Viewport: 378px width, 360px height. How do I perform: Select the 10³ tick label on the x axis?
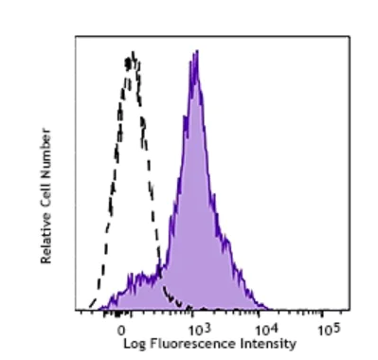(x=193, y=329)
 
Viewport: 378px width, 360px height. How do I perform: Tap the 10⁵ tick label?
(x=328, y=329)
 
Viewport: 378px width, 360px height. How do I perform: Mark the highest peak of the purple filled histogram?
(x=194, y=53)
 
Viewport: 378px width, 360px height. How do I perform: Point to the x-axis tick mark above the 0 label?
(x=121, y=314)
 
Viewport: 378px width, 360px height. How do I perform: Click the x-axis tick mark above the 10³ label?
(x=190, y=314)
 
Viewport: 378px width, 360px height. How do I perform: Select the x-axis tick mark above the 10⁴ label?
(x=258, y=314)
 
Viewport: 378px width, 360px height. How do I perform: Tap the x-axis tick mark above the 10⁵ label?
(x=324, y=314)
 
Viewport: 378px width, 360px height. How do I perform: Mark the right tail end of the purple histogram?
(x=270, y=308)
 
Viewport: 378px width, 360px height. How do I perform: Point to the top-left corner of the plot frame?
(x=76, y=39)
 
